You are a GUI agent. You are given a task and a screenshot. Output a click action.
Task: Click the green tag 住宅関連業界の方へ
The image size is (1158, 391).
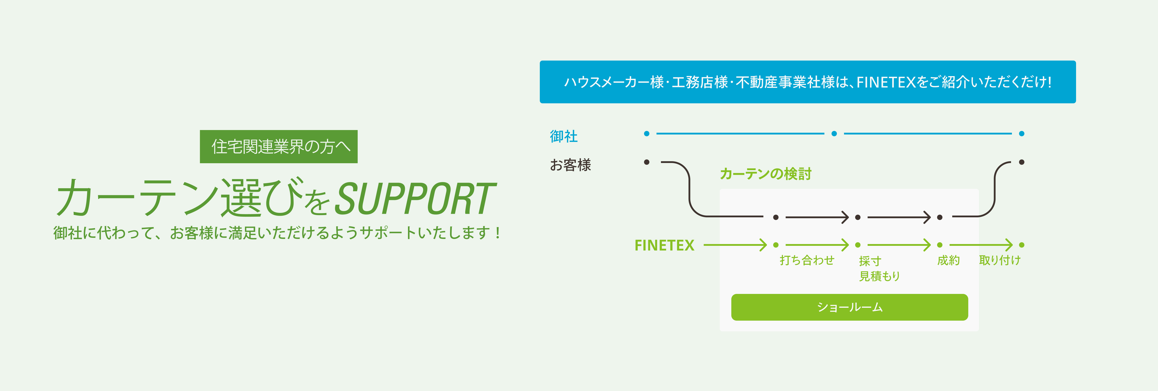click(x=279, y=147)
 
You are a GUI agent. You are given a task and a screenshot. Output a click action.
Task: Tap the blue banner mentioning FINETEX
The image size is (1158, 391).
click(x=807, y=82)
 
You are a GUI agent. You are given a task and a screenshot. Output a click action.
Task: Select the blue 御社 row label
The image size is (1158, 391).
click(x=564, y=136)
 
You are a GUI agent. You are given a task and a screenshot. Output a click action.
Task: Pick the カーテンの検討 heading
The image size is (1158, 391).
click(x=766, y=174)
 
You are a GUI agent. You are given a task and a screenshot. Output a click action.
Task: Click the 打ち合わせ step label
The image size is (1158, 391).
click(x=807, y=260)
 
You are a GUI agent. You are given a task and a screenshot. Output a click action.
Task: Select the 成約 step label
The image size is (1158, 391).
click(x=948, y=260)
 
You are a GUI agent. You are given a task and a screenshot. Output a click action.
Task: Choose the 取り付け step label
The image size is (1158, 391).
click(x=1000, y=260)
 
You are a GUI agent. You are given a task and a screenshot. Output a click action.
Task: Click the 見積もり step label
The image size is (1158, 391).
click(x=879, y=276)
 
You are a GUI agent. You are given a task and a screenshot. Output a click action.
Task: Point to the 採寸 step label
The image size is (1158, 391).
click(x=870, y=261)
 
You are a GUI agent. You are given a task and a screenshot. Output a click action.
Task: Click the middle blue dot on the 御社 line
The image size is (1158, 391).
click(x=834, y=133)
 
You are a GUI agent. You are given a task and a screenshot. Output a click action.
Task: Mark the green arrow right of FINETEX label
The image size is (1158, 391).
click(x=735, y=245)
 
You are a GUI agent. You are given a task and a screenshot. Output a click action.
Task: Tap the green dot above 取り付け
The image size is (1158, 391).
click(x=1022, y=245)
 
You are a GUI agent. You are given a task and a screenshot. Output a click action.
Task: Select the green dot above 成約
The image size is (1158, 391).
click(x=940, y=245)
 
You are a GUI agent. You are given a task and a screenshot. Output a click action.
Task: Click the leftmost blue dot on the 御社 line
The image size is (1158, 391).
click(x=646, y=133)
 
